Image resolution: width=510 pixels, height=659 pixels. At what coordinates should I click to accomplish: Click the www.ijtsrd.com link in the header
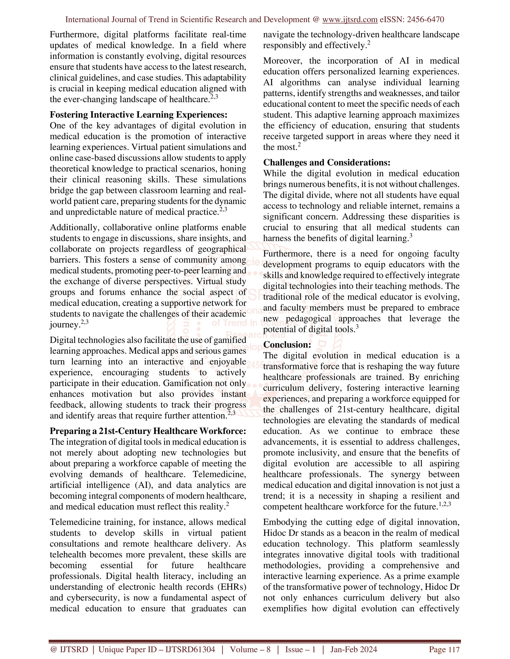[x=350, y=20]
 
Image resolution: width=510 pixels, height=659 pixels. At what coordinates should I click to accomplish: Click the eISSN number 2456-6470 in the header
[x=425, y=20]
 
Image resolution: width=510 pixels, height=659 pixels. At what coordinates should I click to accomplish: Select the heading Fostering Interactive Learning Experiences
[x=138, y=115]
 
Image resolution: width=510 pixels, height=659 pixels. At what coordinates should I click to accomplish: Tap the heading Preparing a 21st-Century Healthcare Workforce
[x=148, y=431]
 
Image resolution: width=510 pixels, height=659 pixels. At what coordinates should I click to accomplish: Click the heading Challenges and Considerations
[x=327, y=163]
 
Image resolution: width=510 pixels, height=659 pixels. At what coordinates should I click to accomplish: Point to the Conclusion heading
[x=287, y=345]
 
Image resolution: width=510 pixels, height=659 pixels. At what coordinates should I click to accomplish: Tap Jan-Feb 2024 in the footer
[x=354, y=649]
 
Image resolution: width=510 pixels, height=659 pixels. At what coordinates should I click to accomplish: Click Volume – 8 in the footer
[x=250, y=649]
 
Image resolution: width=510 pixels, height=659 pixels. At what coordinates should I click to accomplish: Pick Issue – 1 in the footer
[x=300, y=649]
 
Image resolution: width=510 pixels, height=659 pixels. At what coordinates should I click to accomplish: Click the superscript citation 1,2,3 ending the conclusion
[x=445, y=504]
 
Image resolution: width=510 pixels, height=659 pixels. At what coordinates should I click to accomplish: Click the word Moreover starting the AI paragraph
[x=282, y=61]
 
